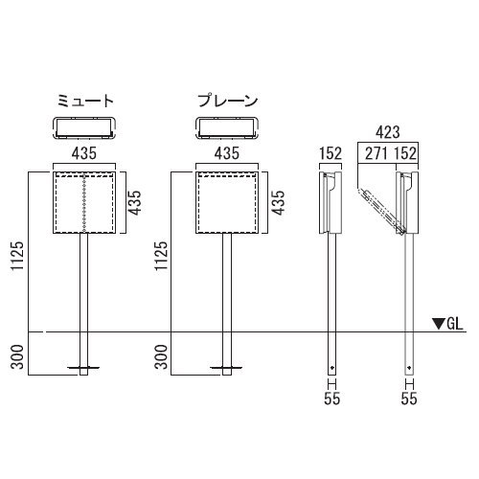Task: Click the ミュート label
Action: click(x=85, y=101)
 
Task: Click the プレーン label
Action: click(x=227, y=101)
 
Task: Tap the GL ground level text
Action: click(x=454, y=324)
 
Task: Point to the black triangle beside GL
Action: click(x=439, y=324)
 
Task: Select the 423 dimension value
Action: click(x=387, y=132)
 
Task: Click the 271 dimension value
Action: click(x=376, y=153)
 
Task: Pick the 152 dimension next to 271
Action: click(x=405, y=153)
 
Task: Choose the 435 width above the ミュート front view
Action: click(x=84, y=153)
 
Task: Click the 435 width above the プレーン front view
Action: click(x=227, y=153)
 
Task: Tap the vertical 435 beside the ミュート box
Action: click(x=134, y=203)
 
